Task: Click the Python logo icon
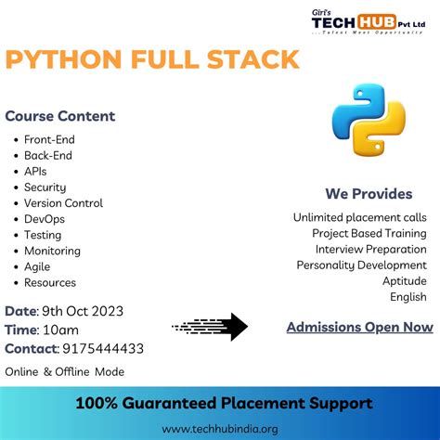point(369,119)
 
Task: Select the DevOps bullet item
point(45,219)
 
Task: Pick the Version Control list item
point(63,203)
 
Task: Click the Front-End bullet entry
point(49,140)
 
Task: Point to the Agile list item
point(38,266)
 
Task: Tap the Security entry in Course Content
point(45,188)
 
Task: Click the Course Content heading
point(60,116)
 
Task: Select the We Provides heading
point(369,194)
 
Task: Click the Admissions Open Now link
point(359,327)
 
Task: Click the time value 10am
point(59,330)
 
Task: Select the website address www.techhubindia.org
point(220,429)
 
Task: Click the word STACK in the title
point(250,60)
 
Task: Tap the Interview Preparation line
point(371,249)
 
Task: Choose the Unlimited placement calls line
point(360,217)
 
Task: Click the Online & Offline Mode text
point(65,371)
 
